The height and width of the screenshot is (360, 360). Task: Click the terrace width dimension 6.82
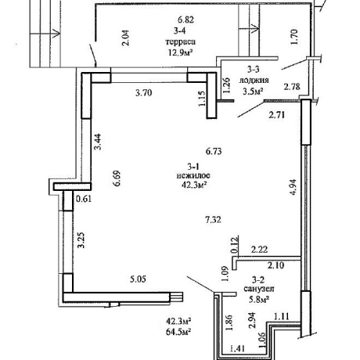(x=185, y=20)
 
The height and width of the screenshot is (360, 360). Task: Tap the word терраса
(x=180, y=41)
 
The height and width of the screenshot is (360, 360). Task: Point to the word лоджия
(x=254, y=80)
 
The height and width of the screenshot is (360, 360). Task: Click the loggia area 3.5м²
(x=253, y=92)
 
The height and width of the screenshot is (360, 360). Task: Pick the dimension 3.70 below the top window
(x=143, y=92)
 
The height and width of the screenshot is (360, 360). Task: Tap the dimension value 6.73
(x=214, y=151)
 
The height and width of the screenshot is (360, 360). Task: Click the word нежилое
(x=193, y=175)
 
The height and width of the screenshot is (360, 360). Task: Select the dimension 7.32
(x=213, y=220)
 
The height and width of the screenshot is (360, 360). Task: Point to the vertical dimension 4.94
(x=293, y=187)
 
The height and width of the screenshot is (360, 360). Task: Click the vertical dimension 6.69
(x=117, y=178)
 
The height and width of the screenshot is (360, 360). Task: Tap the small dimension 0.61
(x=84, y=199)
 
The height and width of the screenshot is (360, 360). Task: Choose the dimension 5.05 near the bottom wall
(x=138, y=279)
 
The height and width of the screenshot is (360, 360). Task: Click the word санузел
(x=259, y=289)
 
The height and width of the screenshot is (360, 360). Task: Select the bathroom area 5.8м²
(x=259, y=299)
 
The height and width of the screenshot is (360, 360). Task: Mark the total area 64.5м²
(x=178, y=332)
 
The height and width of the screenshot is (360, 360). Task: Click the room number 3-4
(x=180, y=31)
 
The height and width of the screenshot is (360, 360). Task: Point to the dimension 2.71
(x=276, y=115)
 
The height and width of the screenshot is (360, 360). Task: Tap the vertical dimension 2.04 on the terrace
(x=125, y=38)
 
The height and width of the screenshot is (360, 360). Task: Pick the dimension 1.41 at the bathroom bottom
(x=237, y=348)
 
